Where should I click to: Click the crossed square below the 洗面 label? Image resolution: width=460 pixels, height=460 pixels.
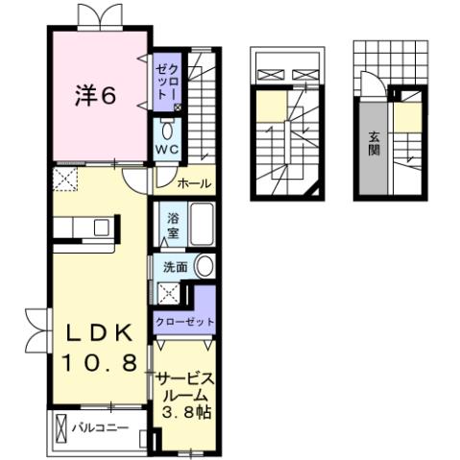[x=170, y=295]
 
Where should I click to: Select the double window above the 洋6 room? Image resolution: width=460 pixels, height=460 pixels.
[x=99, y=13]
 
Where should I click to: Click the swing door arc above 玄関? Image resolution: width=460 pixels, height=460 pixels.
[x=395, y=92]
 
